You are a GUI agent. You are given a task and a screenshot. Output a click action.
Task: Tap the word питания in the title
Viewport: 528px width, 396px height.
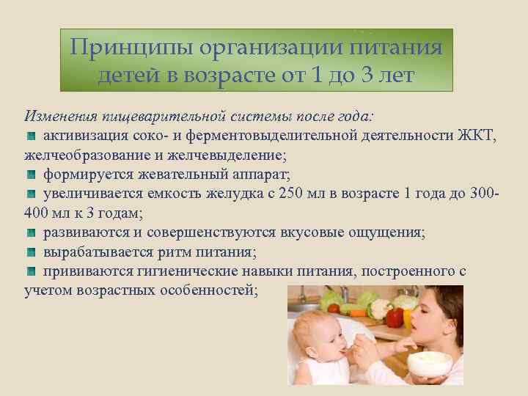click(400, 48)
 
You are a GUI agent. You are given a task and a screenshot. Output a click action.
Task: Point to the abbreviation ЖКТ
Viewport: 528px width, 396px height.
click(478, 136)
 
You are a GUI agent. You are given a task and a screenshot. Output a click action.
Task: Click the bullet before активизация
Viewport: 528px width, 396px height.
click(31, 136)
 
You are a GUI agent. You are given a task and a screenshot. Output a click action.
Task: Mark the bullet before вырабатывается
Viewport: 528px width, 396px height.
click(31, 253)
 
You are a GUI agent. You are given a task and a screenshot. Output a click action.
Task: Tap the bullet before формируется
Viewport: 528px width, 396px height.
click(31, 175)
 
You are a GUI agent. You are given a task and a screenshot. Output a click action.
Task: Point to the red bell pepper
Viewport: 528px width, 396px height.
click(395, 317)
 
